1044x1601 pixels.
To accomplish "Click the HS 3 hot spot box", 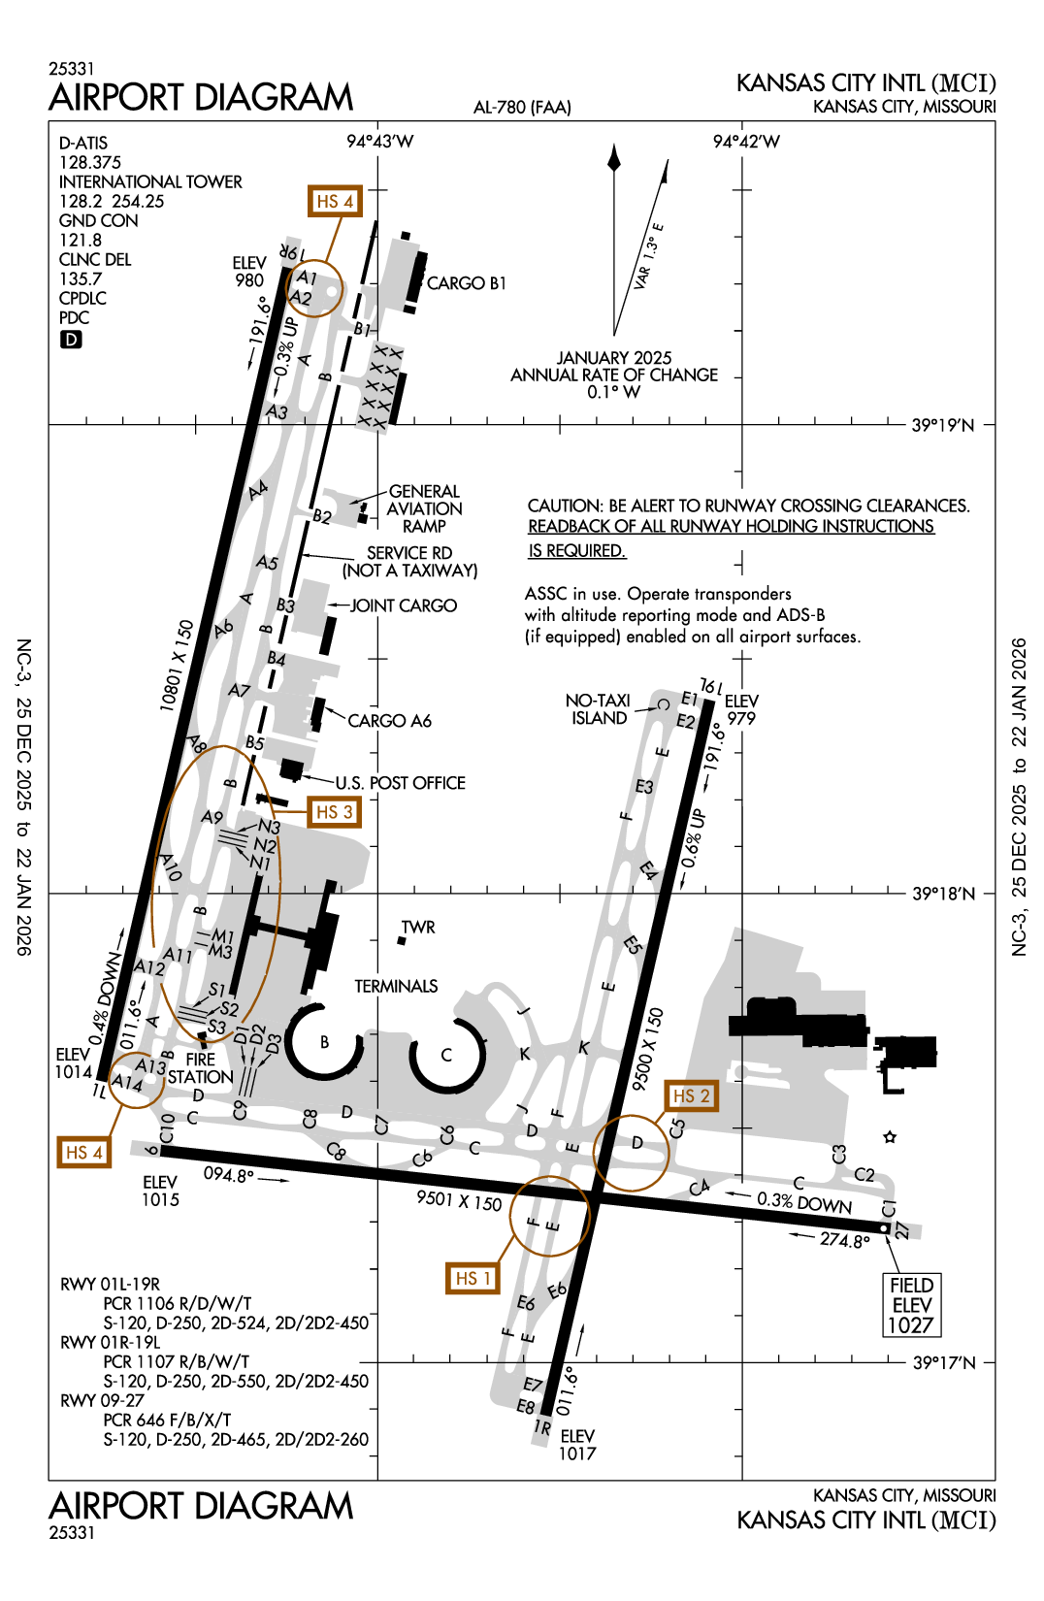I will (335, 812).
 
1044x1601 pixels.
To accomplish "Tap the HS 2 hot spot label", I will (691, 1095).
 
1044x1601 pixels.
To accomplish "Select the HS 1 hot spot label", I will (473, 1278).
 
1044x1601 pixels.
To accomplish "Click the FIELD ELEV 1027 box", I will (911, 1305).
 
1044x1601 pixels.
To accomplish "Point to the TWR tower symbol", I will (402, 940).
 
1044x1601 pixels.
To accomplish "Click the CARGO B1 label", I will (466, 283).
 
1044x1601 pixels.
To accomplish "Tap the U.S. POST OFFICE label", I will (400, 783).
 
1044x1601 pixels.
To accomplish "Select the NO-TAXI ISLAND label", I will (598, 709).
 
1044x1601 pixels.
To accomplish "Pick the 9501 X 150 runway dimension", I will (459, 1200).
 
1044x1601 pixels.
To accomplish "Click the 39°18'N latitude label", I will (943, 894).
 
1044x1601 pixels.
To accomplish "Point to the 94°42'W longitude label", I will (745, 142).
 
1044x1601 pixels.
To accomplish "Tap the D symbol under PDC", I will (71, 340).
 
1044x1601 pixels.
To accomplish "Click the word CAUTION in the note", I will (564, 506).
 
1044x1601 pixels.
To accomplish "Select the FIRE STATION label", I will (200, 1068).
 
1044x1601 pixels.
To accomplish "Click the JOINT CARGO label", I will (403, 605).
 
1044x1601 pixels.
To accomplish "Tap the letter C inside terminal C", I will (446, 1055).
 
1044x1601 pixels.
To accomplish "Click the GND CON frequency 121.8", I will (81, 240).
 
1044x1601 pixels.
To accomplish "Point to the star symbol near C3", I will (890, 1137).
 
